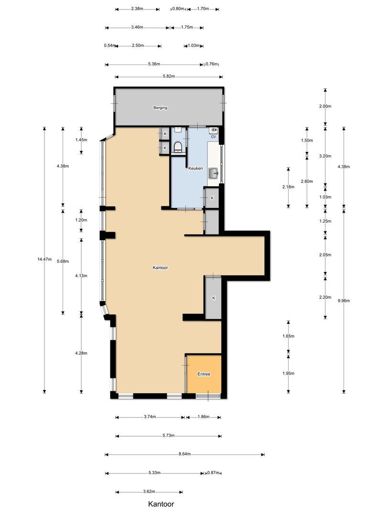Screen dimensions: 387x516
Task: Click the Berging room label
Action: click(160, 107)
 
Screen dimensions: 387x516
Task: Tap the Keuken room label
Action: click(195, 168)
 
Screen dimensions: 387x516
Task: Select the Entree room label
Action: click(204, 374)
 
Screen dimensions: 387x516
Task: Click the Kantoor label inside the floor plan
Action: click(160, 268)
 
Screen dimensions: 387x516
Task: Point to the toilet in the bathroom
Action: click(178, 147)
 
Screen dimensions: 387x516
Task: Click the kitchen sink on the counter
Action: click(214, 173)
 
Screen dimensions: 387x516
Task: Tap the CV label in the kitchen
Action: click(213, 137)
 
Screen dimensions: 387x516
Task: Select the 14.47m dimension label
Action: click(44, 259)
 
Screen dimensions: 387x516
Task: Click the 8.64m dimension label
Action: click(184, 454)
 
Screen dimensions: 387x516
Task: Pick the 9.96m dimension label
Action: click(344, 301)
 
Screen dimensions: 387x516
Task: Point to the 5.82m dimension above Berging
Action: click(169, 76)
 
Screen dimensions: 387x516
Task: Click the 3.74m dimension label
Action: click(150, 417)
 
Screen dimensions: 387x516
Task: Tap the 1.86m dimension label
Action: click(204, 417)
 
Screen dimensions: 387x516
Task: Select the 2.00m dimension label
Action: click(325, 106)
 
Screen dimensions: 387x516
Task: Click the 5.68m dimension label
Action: click(63, 261)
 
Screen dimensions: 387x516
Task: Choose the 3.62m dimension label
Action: click(149, 491)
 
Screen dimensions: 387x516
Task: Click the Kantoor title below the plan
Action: click(161, 504)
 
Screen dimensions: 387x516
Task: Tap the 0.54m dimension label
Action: click(109, 45)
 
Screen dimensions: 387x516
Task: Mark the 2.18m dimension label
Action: click(288, 187)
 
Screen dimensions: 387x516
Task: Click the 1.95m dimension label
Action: click(288, 373)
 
